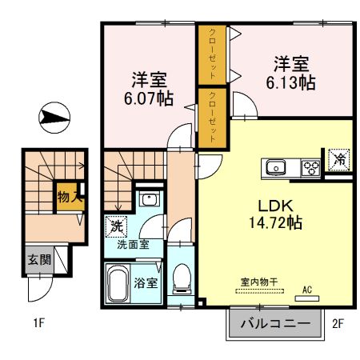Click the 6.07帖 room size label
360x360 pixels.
(149, 98)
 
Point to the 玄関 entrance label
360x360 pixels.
(38, 259)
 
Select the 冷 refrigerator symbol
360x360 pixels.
(339, 159)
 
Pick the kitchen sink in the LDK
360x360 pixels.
(277, 168)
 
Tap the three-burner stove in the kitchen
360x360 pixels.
(310, 168)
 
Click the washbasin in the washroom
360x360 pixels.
(147, 200)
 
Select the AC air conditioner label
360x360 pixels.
(307, 290)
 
